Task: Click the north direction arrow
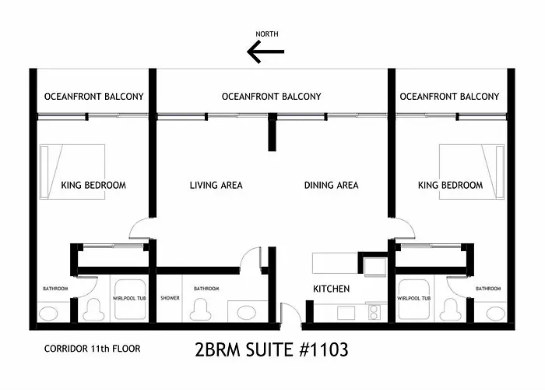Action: point(265,51)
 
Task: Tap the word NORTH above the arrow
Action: point(267,34)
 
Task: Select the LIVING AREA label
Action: point(216,186)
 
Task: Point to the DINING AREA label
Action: point(331,186)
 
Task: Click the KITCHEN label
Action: point(331,289)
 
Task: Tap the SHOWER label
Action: point(170,298)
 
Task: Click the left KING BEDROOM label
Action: point(93,186)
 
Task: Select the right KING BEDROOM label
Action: point(450,186)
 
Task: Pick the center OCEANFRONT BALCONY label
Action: point(271,97)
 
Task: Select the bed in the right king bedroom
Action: point(467,171)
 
